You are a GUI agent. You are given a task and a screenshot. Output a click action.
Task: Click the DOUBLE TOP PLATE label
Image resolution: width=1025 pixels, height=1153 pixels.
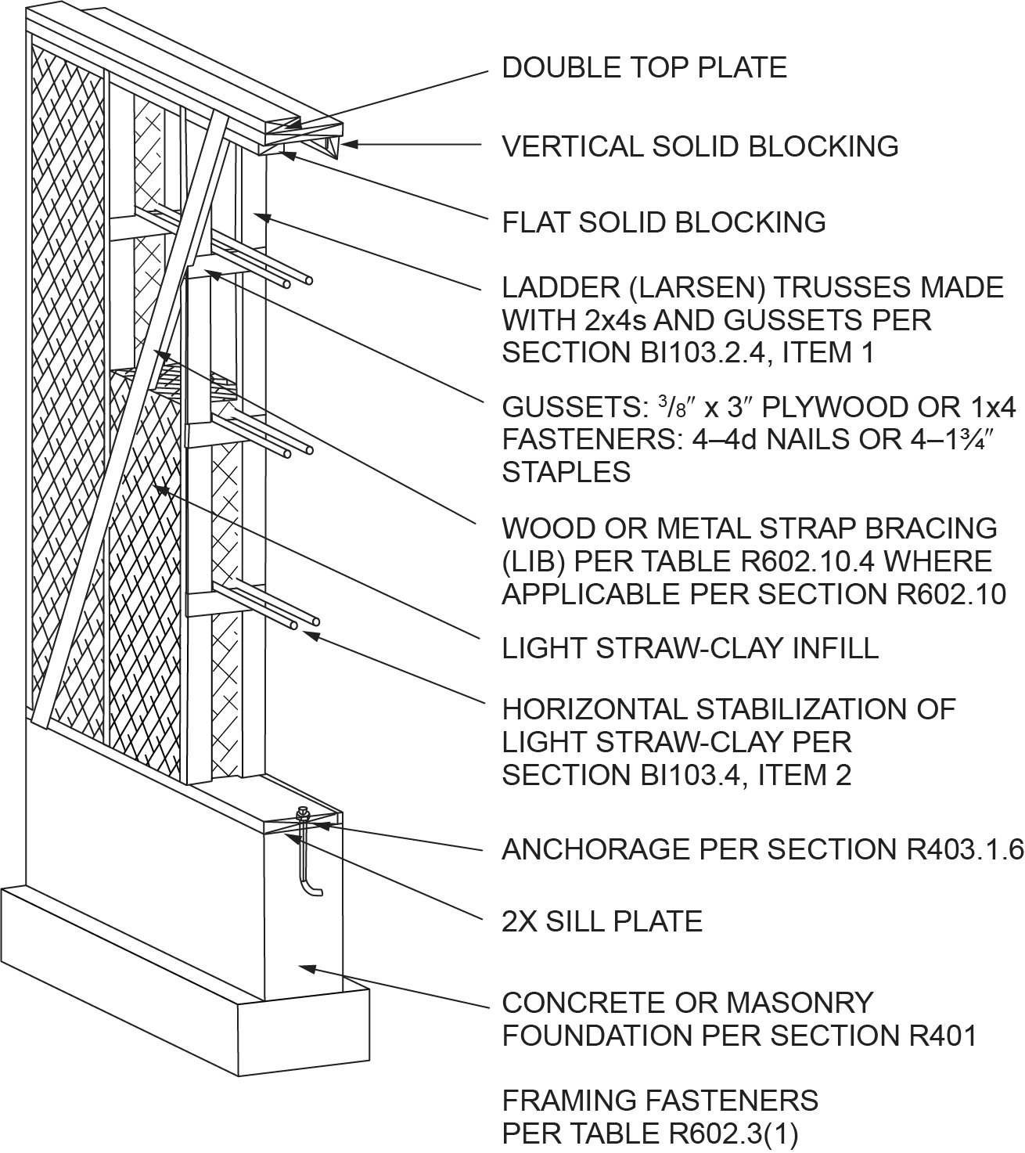tap(644, 67)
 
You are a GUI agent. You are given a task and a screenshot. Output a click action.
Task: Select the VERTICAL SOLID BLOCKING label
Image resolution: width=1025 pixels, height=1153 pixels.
tap(700, 146)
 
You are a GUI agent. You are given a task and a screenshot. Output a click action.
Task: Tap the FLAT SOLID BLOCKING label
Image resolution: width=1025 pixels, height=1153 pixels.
tap(664, 222)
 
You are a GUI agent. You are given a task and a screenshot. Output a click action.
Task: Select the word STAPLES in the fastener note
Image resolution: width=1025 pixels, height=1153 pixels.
tap(566, 472)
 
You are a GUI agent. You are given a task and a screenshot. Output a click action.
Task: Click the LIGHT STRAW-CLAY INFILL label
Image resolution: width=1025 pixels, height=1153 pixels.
tap(690, 647)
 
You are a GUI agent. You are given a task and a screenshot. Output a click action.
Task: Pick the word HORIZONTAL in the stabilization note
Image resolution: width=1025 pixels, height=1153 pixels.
tap(594, 709)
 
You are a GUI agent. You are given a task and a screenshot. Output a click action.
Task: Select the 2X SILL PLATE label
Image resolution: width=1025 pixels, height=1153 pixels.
tap(602, 921)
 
